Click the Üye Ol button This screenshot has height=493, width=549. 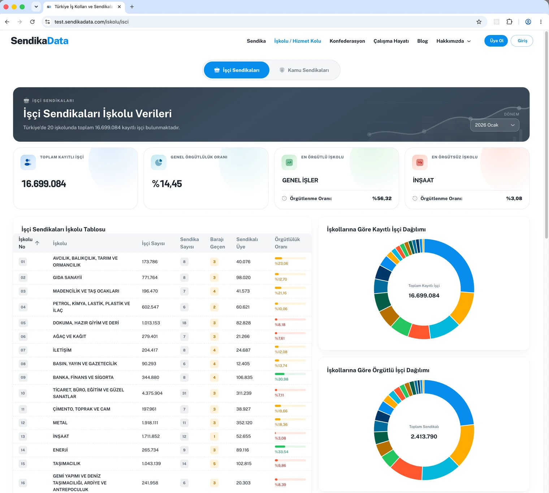tap(496, 41)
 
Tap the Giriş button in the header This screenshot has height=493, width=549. tap(522, 41)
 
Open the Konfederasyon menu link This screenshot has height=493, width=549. tap(347, 41)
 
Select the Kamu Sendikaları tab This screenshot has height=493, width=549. tap(304, 70)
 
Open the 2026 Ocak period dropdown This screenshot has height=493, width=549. tap(494, 125)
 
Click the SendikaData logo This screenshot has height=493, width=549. tap(40, 41)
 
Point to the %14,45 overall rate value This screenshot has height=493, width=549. tap(167, 184)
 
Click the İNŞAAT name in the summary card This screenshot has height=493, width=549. tap(423, 180)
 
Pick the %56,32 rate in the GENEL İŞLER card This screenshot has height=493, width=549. tap(382, 198)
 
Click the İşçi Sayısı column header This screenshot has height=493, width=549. tap(153, 243)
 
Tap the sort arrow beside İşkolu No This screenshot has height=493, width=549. tap(37, 243)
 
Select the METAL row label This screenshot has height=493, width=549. tap(60, 423)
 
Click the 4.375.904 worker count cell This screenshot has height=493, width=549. tap(152, 393)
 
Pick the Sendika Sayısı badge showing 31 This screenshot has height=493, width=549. tap(184, 393)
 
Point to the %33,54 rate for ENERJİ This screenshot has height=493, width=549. tap(282, 452)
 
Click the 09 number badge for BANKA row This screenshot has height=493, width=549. tap(23, 377)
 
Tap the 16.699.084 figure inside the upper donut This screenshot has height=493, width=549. tap(424, 296)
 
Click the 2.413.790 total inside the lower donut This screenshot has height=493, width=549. tap(424, 436)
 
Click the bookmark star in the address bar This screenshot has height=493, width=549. tap(479, 22)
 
